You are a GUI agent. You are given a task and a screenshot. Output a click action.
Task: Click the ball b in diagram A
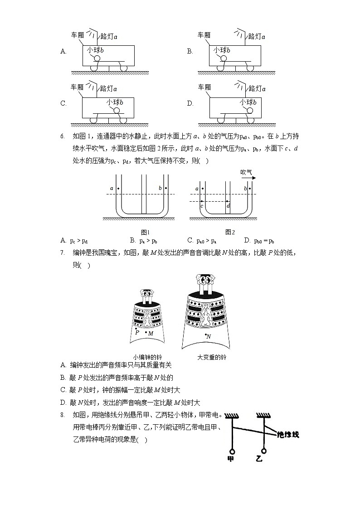(97, 58)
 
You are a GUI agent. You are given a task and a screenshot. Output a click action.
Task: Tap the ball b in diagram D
(247, 110)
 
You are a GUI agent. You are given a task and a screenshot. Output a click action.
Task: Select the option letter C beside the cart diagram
(63, 103)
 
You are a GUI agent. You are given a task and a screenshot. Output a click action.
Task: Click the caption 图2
(230, 232)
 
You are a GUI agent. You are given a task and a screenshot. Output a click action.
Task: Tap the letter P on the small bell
(137, 332)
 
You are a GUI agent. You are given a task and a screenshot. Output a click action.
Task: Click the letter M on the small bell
(151, 334)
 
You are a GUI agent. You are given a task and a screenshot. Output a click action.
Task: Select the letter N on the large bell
(209, 336)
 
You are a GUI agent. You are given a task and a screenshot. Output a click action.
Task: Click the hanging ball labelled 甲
(232, 451)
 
